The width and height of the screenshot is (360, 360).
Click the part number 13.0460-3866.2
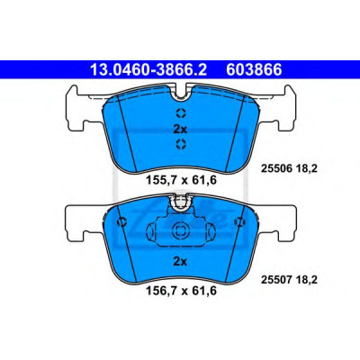(148, 69)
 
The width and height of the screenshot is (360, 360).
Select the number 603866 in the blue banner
(254, 69)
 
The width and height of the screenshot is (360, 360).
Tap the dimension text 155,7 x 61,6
(181, 180)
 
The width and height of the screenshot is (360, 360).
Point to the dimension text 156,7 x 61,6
(181, 291)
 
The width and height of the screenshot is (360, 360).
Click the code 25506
(276, 169)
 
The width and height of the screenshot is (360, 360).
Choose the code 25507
(276, 280)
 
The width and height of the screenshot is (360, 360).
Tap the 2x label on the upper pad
(180, 130)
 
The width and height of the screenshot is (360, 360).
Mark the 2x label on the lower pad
(180, 262)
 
